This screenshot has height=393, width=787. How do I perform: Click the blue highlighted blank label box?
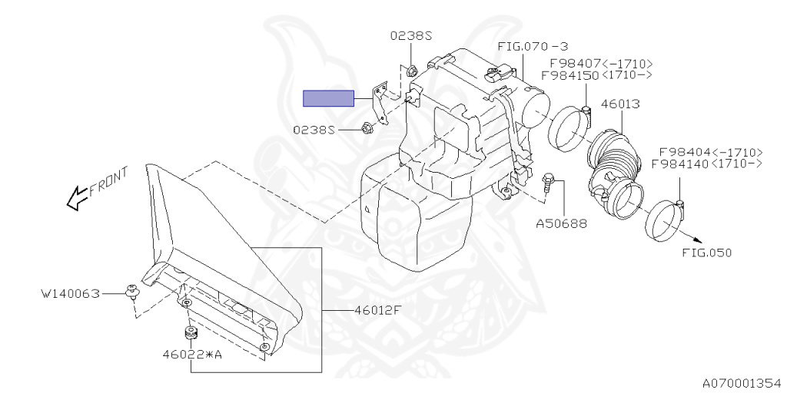click(329, 99)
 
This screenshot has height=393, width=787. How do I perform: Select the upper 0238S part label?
click(412, 35)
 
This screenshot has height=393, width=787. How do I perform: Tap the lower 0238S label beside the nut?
click(314, 130)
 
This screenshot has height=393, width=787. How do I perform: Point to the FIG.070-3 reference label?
click(533, 47)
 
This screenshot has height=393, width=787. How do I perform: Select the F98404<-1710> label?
click(711, 152)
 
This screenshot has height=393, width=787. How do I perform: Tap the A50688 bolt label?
click(561, 223)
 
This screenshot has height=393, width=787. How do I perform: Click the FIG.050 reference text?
click(707, 253)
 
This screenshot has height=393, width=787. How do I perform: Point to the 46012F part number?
click(378, 310)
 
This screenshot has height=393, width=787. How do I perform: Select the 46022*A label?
click(191, 355)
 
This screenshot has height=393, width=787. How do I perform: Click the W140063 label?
click(71, 293)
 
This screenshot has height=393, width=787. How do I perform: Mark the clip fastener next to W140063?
click(131, 292)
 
